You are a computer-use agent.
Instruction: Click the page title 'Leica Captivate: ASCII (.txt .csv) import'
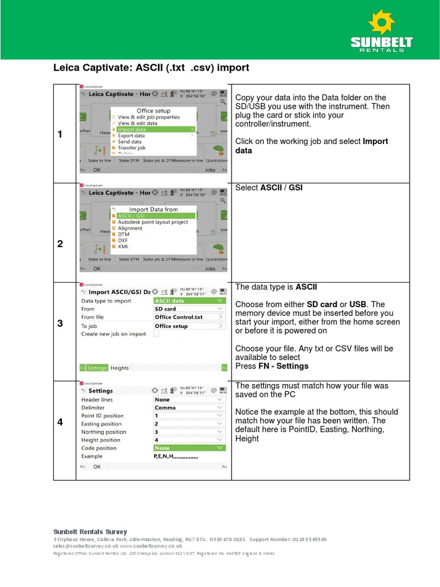click(x=151, y=68)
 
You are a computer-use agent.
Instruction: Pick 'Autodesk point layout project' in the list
click(x=152, y=222)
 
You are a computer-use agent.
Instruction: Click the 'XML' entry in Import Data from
click(x=123, y=246)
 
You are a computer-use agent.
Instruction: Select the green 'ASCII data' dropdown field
click(x=190, y=301)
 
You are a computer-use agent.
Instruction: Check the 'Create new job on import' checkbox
click(x=156, y=334)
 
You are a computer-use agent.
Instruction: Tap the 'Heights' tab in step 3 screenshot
click(x=120, y=368)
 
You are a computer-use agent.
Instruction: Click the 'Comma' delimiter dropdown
click(x=190, y=408)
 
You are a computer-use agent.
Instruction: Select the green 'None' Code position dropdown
click(x=190, y=448)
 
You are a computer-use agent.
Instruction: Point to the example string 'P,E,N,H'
click(x=176, y=456)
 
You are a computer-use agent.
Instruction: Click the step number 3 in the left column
click(x=60, y=324)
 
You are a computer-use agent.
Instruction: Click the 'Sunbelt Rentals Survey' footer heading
click(x=90, y=532)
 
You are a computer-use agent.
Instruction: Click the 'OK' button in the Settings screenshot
click(x=97, y=467)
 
